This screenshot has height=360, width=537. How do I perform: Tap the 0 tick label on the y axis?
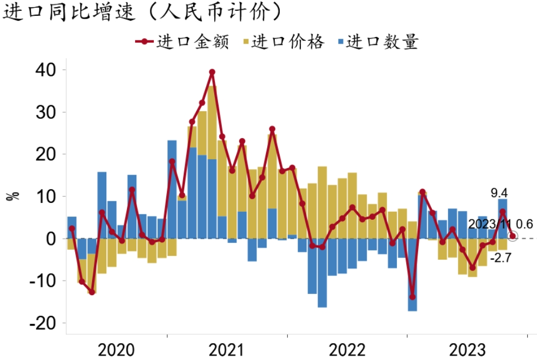(53, 239)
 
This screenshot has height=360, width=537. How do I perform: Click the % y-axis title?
(12, 195)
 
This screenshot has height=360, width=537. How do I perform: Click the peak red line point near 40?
(212, 72)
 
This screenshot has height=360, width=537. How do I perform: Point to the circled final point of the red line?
(512, 236)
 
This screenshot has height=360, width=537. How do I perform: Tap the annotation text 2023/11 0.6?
(500, 224)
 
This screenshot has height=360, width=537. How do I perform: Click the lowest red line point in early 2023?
(412, 297)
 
